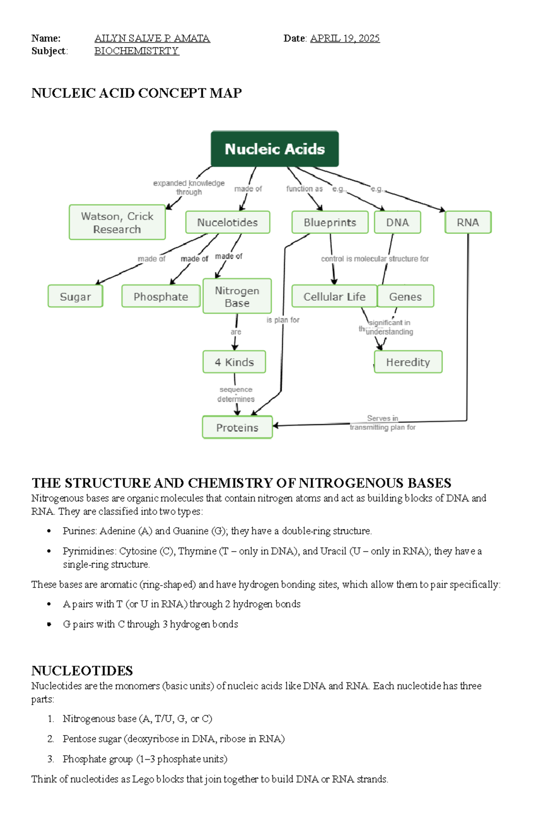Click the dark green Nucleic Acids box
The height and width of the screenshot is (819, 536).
pos(275,149)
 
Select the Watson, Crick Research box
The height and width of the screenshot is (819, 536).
pos(117,222)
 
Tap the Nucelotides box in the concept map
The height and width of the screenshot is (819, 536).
pos(227,222)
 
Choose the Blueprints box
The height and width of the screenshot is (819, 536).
pos(330,222)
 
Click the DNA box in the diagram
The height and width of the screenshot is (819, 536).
pos(397,222)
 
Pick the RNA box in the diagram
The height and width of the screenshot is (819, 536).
pos(468,222)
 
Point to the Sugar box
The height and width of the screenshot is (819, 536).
pos(75,296)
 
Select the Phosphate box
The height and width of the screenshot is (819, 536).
pos(161,296)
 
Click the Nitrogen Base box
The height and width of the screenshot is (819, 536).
pos(237,296)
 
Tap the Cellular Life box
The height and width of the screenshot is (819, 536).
pos(334,296)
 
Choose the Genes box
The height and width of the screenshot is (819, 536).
pos(405,296)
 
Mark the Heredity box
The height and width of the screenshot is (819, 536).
pos(408,362)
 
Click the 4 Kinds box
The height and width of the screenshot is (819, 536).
pos(234,362)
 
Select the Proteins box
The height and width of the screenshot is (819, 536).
pos(237,428)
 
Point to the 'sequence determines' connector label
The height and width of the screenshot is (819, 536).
pos(236,394)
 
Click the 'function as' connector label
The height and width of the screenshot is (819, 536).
pos(304,189)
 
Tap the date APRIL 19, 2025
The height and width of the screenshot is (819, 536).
pos(345,38)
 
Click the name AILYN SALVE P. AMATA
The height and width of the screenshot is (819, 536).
pos(152,38)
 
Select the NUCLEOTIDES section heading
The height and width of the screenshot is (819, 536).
pos(82,670)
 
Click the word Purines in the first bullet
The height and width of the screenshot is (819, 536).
pos(79,531)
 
